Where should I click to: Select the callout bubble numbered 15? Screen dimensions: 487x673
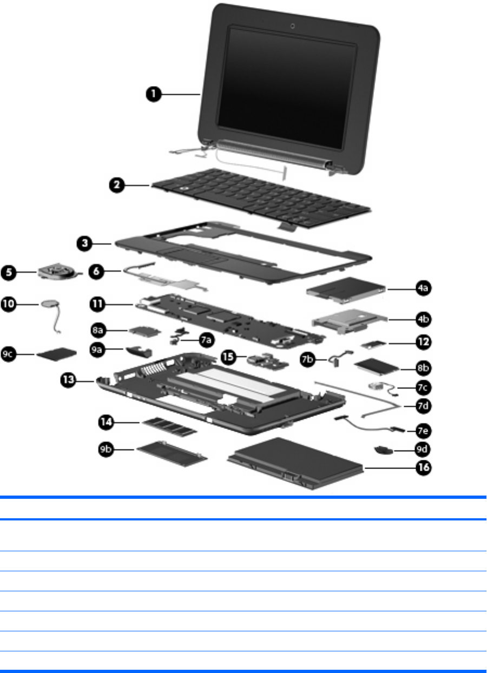tap(229, 357)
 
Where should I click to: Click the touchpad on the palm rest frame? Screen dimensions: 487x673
tap(195, 256)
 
